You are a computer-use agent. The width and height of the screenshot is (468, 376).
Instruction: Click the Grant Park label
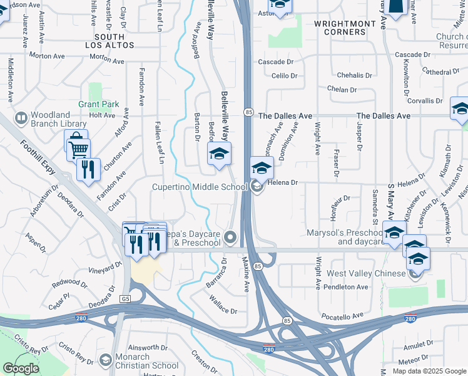98,104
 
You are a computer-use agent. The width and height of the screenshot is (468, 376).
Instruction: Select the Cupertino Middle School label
200,187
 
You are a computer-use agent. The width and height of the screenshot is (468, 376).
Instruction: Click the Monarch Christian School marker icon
106,361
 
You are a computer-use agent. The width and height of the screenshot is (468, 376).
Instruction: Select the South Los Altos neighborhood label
109,41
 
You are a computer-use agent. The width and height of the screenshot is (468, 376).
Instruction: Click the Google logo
21,368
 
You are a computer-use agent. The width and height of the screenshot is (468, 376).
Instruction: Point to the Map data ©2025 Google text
429,371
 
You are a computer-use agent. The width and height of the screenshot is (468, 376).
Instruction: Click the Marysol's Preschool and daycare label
345,236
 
